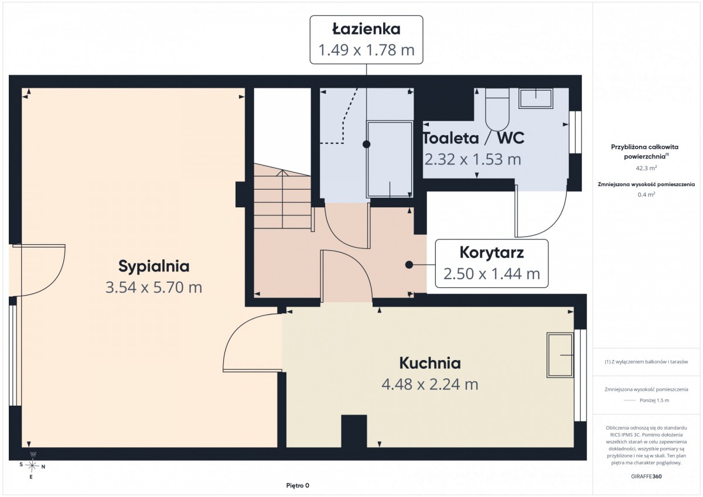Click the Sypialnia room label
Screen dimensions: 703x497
click(x=153, y=266)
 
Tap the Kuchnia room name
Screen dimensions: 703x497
click(x=430, y=363)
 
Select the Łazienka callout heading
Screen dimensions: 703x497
click(x=366, y=29)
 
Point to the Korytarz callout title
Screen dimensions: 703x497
click(x=492, y=253)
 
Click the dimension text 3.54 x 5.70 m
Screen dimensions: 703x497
click(x=153, y=287)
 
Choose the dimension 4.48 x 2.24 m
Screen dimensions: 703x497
click(x=430, y=385)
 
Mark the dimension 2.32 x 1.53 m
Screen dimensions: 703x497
click(x=473, y=159)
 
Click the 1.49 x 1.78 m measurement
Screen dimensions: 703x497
click(x=366, y=50)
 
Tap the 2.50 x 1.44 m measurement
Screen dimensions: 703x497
click(x=492, y=274)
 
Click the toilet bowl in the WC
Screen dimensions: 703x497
click(x=497, y=109)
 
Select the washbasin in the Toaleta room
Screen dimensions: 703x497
click(x=535, y=98)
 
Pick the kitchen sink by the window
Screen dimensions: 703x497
click(x=561, y=355)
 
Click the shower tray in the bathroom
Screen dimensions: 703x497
click(x=390, y=159)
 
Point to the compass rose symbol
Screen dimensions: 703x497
click(x=32, y=465)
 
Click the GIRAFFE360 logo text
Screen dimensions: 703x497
click(x=646, y=477)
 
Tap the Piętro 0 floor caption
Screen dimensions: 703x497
click(x=298, y=485)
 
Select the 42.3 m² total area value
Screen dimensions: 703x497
click(x=646, y=168)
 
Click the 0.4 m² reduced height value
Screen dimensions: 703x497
click(x=646, y=194)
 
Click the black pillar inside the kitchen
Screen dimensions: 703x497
click(x=354, y=431)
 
